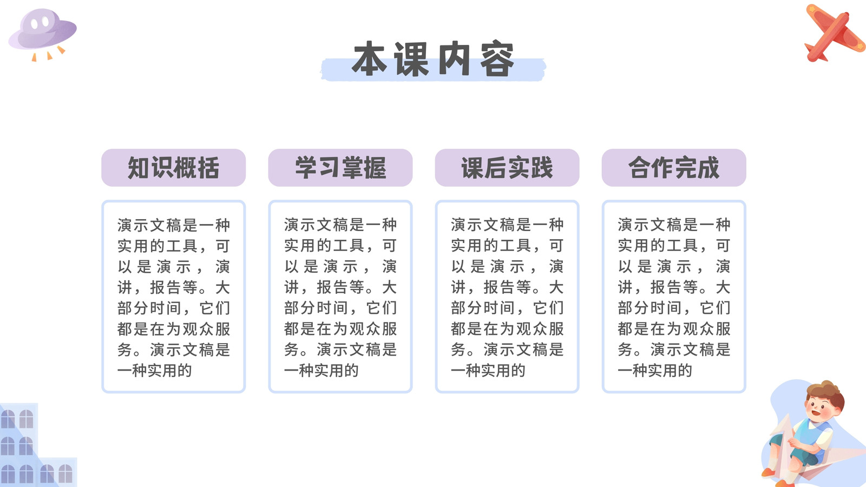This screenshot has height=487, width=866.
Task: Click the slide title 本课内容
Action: point(433,59)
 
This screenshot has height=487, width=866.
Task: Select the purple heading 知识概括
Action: point(174,168)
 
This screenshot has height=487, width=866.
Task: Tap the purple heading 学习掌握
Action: point(340,168)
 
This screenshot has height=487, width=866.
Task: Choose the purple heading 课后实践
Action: point(507,168)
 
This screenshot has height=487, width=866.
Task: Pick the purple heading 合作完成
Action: point(674,168)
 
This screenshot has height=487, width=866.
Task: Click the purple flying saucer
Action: point(43,30)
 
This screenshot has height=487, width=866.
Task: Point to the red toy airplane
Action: point(835,33)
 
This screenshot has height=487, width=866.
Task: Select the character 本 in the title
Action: point(370,59)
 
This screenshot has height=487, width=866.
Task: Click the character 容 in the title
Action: point(497,59)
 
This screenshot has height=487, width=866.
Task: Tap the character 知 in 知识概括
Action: point(139,168)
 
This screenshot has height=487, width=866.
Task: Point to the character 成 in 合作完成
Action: point(708,168)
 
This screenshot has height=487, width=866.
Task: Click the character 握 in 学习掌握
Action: point(375,168)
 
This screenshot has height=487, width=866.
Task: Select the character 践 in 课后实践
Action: point(542,168)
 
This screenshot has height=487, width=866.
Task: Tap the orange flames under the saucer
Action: point(48,54)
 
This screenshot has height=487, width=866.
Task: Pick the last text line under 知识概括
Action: point(155,371)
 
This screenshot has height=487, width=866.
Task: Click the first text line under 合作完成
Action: point(674,225)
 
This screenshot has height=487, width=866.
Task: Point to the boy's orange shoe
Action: point(769,472)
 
